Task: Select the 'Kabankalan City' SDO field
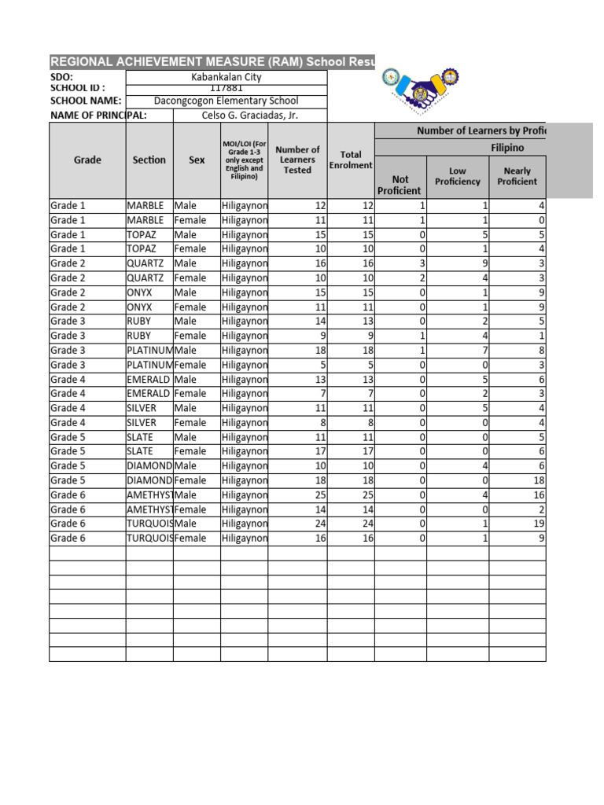[x=226, y=77]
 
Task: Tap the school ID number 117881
[x=226, y=89]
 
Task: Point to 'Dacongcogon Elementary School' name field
[x=226, y=101]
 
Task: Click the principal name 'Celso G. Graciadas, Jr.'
[x=248, y=116]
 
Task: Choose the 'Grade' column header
[x=87, y=160]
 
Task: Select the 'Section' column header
[x=149, y=160]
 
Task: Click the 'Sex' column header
[x=197, y=160]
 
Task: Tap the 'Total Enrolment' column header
[x=351, y=160]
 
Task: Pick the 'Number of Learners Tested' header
[x=297, y=160]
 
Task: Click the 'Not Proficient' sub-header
[x=400, y=185]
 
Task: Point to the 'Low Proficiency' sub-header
[x=458, y=176]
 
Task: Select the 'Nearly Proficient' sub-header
[x=517, y=176]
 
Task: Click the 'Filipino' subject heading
[x=507, y=147]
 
